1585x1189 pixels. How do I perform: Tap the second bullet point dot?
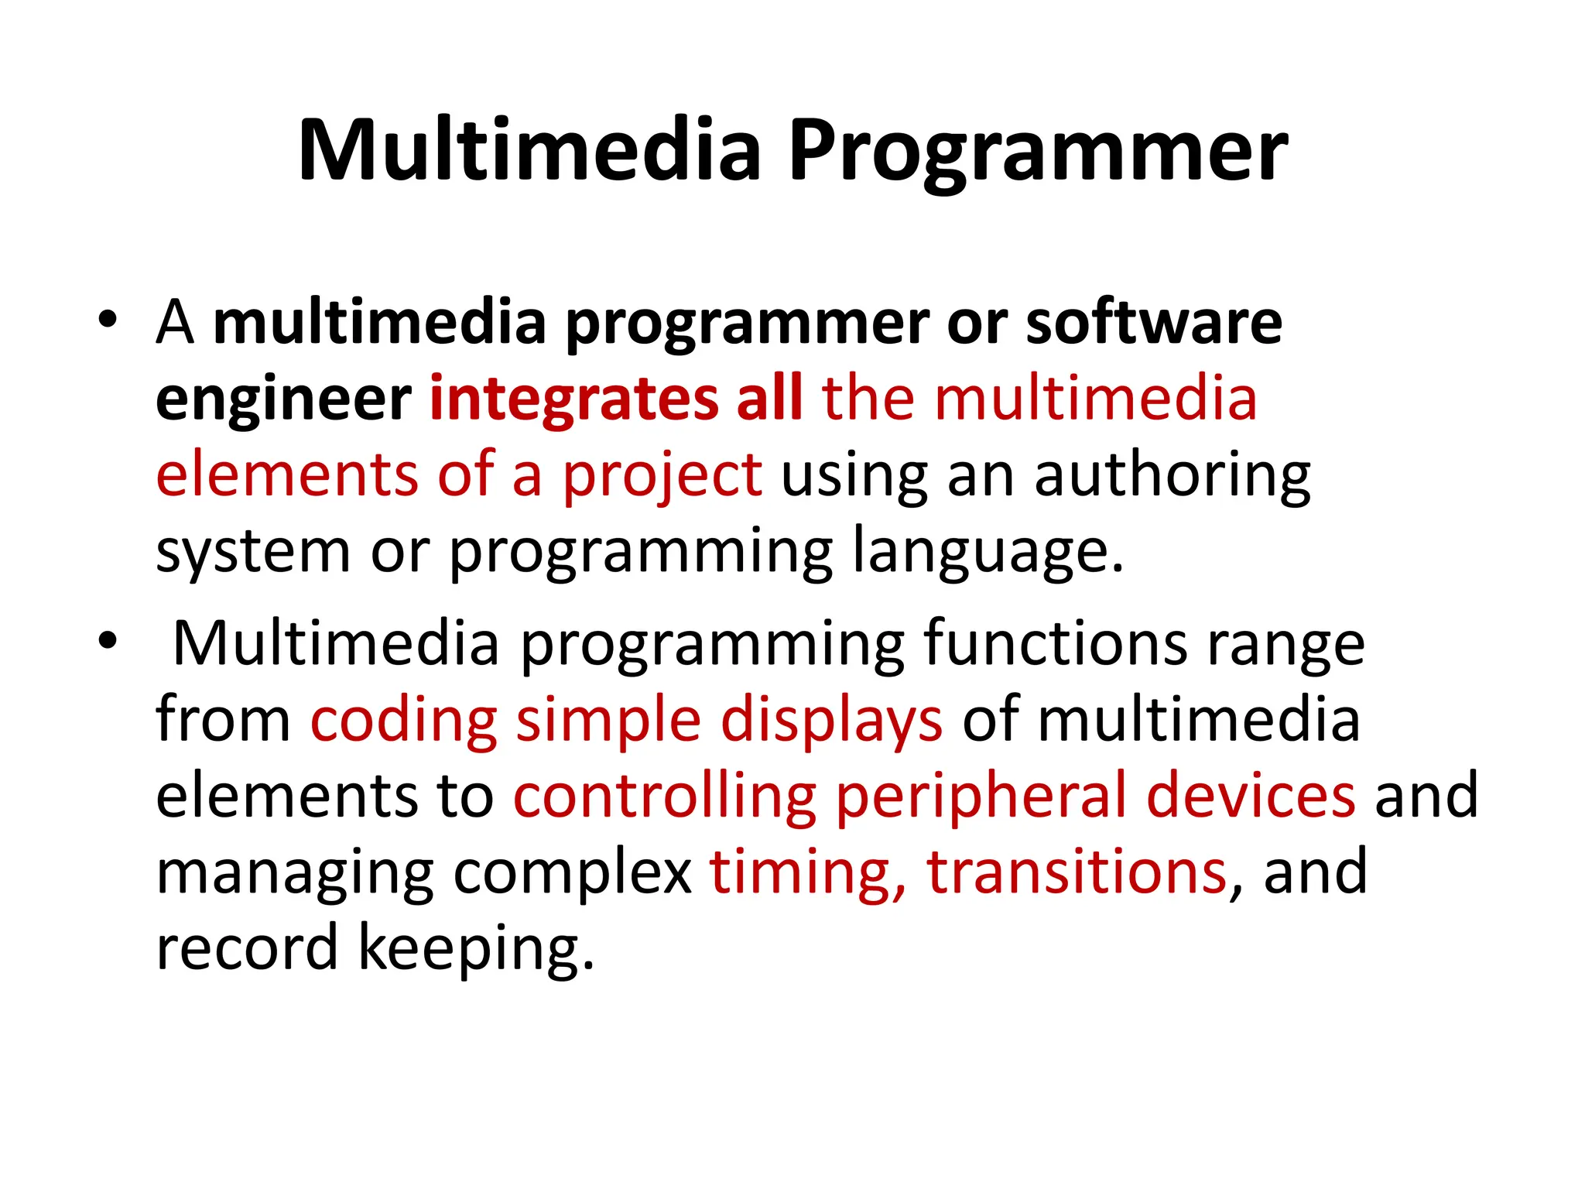(108, 639)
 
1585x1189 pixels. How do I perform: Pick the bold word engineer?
(283, 400)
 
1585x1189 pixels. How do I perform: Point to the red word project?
(662, 476)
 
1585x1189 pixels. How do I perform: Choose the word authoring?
(1172, 476)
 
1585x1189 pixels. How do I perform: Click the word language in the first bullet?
(987, 552)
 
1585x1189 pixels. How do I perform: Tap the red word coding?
(403, 720)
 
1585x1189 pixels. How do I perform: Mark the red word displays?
(832, 720)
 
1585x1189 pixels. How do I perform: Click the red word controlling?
(665, 796)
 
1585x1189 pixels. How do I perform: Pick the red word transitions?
(1077, 872)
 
